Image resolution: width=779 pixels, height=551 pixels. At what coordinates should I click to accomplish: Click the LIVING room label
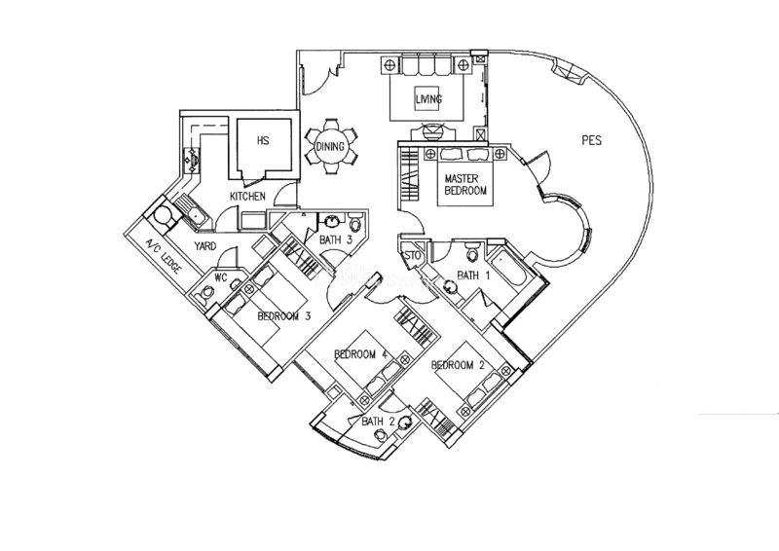(x=428, y=99)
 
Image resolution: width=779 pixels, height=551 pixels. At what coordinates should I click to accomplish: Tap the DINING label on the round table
(x=330, y=147)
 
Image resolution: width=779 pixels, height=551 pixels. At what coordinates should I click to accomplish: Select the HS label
(x=263, y=140)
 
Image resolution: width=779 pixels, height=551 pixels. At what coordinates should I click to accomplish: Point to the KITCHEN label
(x=247, y=197)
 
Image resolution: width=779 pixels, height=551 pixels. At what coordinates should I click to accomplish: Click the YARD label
(x=205, y=246)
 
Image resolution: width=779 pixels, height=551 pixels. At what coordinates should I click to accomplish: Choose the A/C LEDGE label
(x=164, y=256)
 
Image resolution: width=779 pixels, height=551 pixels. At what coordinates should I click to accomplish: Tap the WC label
(x=221, y=277)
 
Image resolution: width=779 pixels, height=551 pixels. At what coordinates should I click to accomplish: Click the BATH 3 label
(x=336, y=240)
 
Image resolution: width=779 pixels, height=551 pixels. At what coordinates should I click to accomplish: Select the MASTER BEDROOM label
(x=465, y=184)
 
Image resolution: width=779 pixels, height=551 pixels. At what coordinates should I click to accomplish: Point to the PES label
(x=591, y=140)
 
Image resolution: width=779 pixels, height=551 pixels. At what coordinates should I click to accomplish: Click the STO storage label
(x=413, y=256)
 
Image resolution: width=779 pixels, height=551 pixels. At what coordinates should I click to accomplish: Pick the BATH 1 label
(x=473, y=275)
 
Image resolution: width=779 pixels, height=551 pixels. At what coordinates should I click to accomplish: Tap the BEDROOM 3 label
(x=284, y=316)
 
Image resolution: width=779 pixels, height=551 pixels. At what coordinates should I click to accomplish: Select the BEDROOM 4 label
(x=361, y=354)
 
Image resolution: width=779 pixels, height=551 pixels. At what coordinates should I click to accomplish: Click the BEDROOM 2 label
(x=458, y=365)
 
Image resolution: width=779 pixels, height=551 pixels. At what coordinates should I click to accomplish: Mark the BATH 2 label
(x=378, y=422)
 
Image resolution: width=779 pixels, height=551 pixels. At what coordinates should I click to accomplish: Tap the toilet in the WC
(x=205, y=295)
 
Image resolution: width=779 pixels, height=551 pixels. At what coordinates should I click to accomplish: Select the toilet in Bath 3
(x=354, y=222)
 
